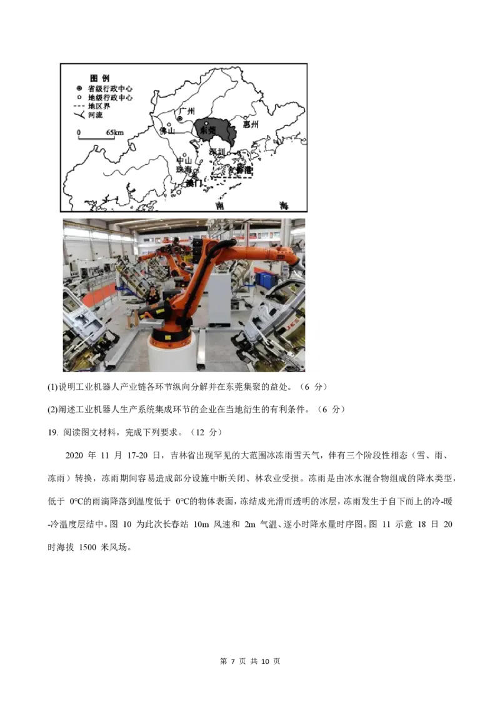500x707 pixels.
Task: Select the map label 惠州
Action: [250, 124]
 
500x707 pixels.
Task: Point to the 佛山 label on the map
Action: [167, 131]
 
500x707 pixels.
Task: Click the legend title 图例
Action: [100, 79]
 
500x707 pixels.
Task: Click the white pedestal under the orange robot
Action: [171, 356]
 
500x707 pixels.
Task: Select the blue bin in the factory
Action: [267, 279]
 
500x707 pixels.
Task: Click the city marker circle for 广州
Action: [179, 118]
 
